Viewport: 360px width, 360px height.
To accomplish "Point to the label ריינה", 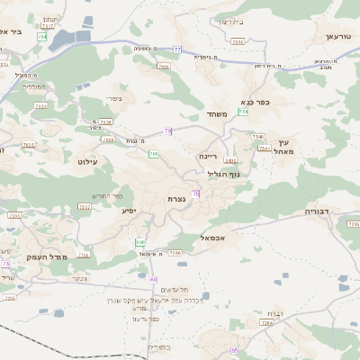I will tap(209, 156).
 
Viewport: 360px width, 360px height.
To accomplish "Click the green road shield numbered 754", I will tap(243, 112).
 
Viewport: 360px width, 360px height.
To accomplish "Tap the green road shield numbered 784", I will tap(42, 37).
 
